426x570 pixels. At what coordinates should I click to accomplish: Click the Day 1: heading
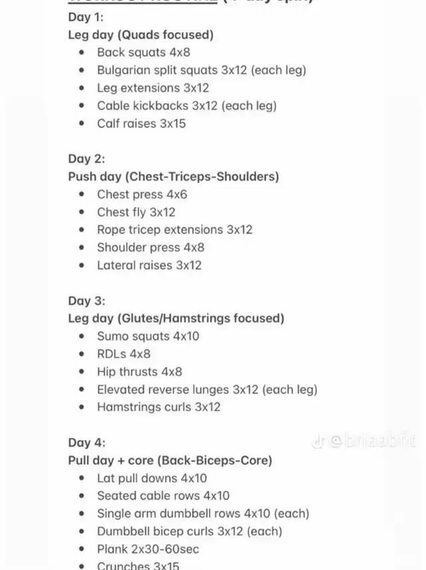(x=87, y=17)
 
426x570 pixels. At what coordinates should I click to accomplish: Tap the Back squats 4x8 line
(x=144, y=52)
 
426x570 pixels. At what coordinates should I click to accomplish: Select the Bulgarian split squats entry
(x=201, y=70)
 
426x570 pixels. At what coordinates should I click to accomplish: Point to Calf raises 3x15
(x=141, y=123)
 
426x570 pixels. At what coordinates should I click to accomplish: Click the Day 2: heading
(x=87, y=159)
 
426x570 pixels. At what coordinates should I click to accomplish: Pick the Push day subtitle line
(x=173, y=177)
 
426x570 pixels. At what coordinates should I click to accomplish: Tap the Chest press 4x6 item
(x=142, y=194)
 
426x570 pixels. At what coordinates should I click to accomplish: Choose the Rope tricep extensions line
(x=174, y=229)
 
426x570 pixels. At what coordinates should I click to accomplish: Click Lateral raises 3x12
(x=149, y=265)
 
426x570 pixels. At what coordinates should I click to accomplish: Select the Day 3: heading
(x=87, y=301)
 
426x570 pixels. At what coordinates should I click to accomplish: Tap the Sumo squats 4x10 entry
(x=148, y=336)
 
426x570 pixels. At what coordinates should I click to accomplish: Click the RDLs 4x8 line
(x=124, y=354)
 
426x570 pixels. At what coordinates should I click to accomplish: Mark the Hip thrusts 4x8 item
(x=139, y=371)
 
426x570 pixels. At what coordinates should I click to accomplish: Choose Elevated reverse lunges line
(x=207, y=389)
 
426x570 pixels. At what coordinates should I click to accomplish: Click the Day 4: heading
(x=87, y=443)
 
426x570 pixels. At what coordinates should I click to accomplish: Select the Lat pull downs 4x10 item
(x=152, y=478)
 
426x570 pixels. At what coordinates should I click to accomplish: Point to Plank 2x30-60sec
(x=148, y=549)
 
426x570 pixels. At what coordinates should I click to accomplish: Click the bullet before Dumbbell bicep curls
(x=82, y=531)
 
